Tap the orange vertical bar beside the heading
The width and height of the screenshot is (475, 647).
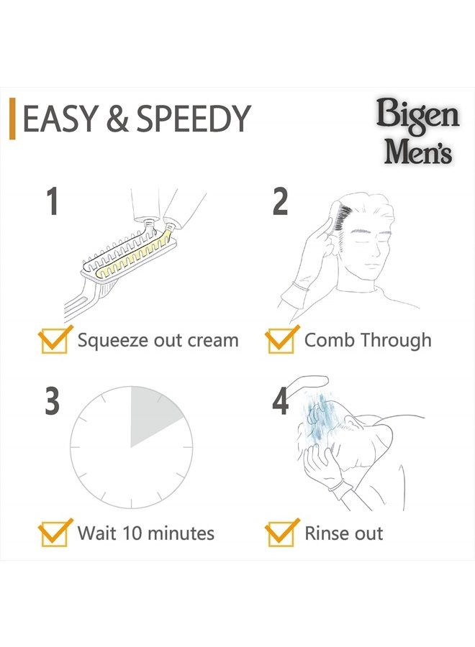(x=12, y=119)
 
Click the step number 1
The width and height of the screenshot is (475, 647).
(x=51, y=201)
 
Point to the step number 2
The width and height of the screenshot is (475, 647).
(x=280, y=201)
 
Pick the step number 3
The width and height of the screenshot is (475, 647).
(x=51, y=401)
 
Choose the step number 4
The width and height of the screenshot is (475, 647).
(x=280, y=401)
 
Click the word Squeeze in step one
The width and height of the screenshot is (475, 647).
(x=112, y=340)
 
